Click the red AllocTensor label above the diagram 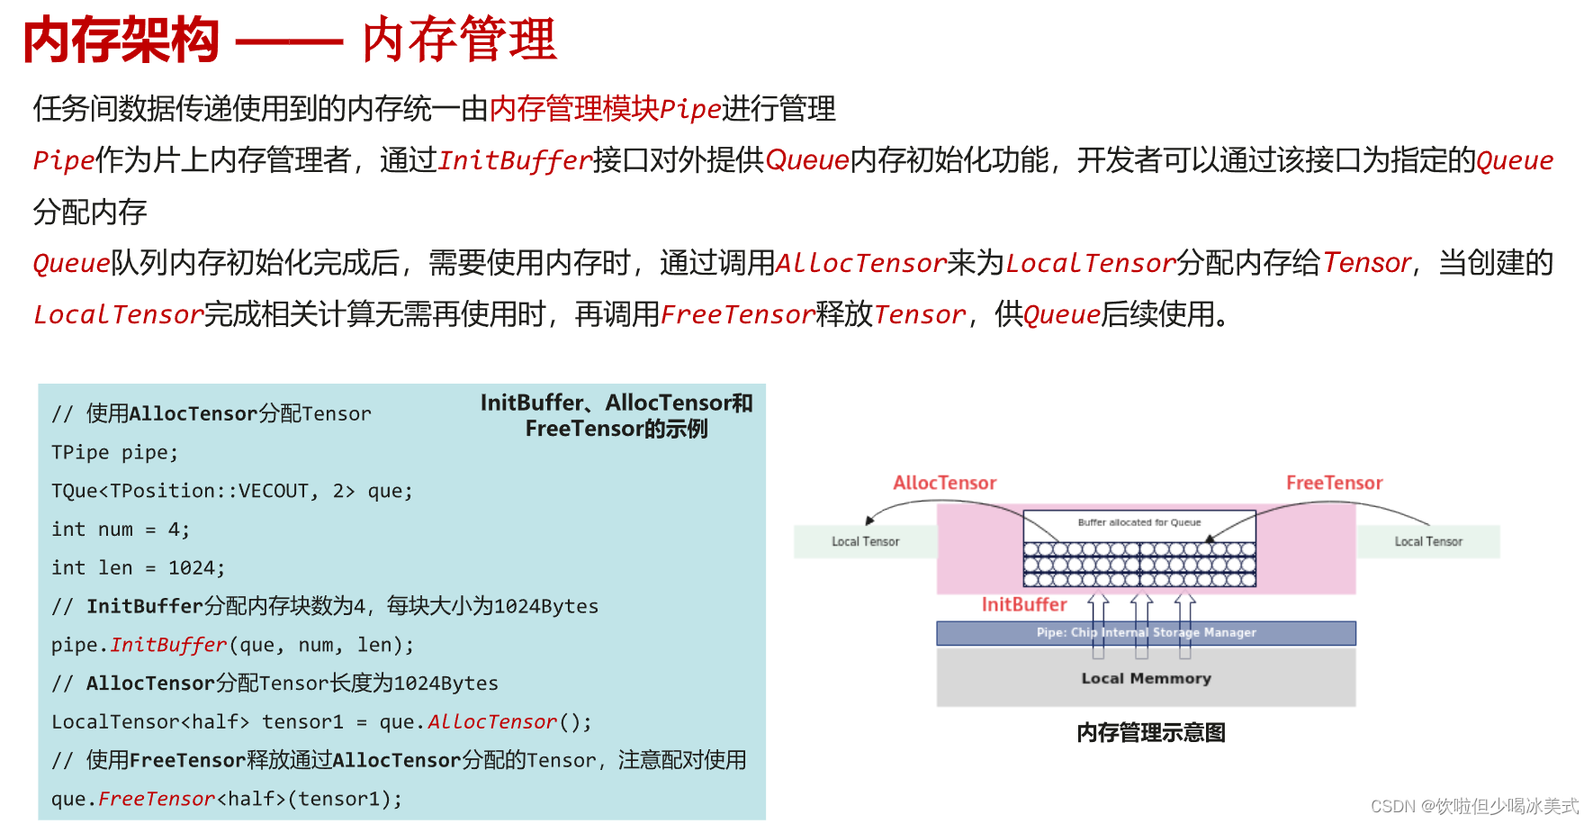point(944,483)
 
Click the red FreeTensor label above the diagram point(1334,483)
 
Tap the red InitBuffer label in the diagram point(1023,604)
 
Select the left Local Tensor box point(865,541)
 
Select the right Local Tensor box point(1427,541)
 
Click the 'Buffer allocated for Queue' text point(1138,522)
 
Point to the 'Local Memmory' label point(1146,678)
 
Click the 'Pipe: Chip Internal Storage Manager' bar point(1146,632)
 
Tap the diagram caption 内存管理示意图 point(1150,732)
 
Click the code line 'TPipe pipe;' point(114,452)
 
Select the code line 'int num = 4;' point(120,530)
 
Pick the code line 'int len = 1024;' point(138,568)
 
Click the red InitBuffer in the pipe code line point(168,645)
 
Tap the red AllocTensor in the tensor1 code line point(492,722)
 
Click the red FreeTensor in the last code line point(157,799)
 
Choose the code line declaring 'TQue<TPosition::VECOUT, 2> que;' point(231,491)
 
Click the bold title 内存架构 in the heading point(121,41)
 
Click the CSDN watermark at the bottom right point(1473,806)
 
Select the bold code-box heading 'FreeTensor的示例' point(616,429)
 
